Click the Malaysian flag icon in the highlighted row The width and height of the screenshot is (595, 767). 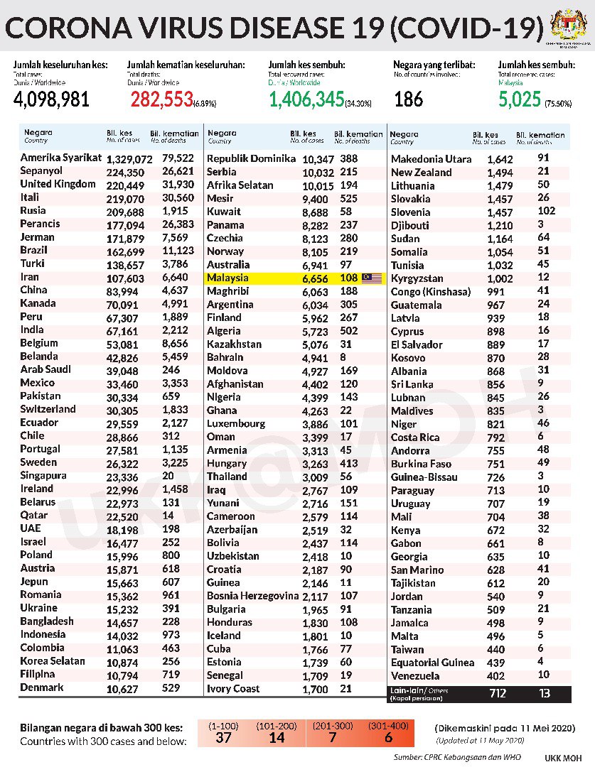click(372, 278)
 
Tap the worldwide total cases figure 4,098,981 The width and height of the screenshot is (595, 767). click(52, 99)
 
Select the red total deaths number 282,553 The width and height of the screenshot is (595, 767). click(161, 99)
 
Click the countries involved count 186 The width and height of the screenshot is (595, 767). click(409, 99)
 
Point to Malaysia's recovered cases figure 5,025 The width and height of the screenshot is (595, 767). click(520, 99)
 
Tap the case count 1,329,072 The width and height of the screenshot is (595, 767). click(128, 158)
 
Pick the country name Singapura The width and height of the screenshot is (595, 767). click(43, 475)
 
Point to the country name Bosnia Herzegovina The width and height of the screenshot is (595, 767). click(252, 596)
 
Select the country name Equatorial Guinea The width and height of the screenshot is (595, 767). click(432, 663)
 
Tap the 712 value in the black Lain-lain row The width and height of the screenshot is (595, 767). click(498, 692)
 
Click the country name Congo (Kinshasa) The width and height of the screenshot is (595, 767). click(431, 292)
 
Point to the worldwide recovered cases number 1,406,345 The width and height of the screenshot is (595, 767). click(306, 99)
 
